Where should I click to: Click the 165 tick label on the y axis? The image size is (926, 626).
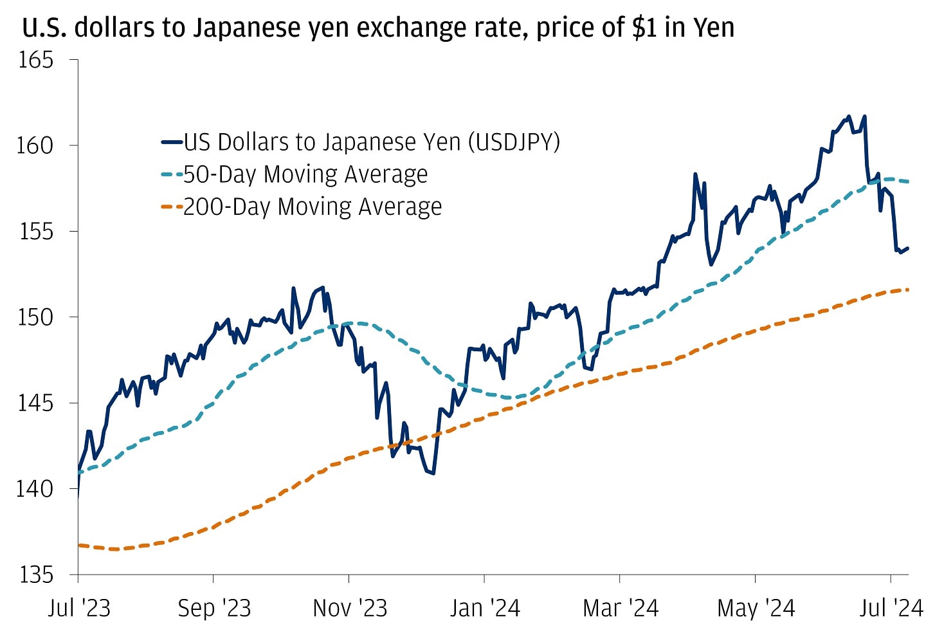(x=35, y=60)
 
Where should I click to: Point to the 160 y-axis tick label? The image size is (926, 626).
(x=35, y=145)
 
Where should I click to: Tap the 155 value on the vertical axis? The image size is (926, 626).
(x=35, y=231)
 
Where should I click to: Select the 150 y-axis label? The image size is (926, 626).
(x=35, y=317)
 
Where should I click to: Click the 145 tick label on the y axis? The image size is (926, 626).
(x=35, y=403)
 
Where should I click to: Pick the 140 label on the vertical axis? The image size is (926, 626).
(x=35, y=488)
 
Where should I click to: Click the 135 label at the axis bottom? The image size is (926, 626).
(x=35, y=574)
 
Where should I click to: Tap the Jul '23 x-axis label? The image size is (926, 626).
(x=79, y=608)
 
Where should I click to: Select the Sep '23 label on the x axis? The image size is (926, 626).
(x=214, y=608)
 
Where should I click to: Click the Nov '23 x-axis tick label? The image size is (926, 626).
(x=350, y=608)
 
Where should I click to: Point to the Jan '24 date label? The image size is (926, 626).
(x=485, y=608)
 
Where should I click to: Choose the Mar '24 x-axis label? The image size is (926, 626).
(x=621, y=608)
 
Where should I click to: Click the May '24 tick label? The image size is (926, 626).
(x=756, y=608)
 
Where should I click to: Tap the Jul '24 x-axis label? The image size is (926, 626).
(x=891, y=608)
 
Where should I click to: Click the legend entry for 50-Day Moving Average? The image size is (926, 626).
(x=305, y=174)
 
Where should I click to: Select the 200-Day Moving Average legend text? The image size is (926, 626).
(x=313, y=207)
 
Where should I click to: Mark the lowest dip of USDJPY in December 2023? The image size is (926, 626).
(x=433, y=474)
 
